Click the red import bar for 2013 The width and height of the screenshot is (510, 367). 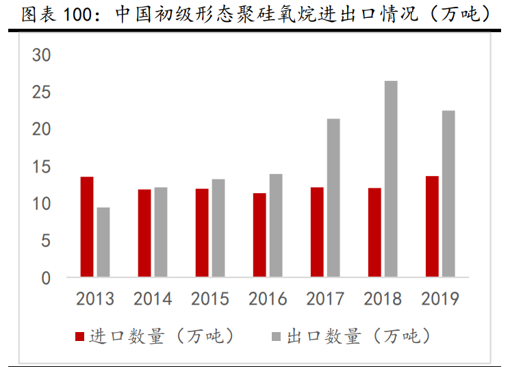click(87, 227)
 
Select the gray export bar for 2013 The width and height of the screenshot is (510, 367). click(103, 242)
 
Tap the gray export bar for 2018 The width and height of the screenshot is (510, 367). click(391, 179)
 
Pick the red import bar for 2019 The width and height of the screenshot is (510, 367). click(432, 227)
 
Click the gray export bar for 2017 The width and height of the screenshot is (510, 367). click(333, 199)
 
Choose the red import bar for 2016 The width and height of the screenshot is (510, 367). click(259, 236)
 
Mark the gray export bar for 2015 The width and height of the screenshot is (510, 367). click(218, 229)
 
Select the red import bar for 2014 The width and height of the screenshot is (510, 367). click(144, 233)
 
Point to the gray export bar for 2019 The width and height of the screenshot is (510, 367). click(448, 194)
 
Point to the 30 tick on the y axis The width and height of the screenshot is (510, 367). click(42, 55)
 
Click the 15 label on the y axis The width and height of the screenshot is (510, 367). click(42, 166)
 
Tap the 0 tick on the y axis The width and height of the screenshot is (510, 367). click(46, 278)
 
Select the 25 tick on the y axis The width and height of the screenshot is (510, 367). click(42, 92)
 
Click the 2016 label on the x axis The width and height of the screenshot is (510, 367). click(268, 299)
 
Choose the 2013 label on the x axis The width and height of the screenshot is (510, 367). click(95, 299)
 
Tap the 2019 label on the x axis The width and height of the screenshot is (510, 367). click(440, 299)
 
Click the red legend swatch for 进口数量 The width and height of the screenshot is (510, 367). click(79, 336)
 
